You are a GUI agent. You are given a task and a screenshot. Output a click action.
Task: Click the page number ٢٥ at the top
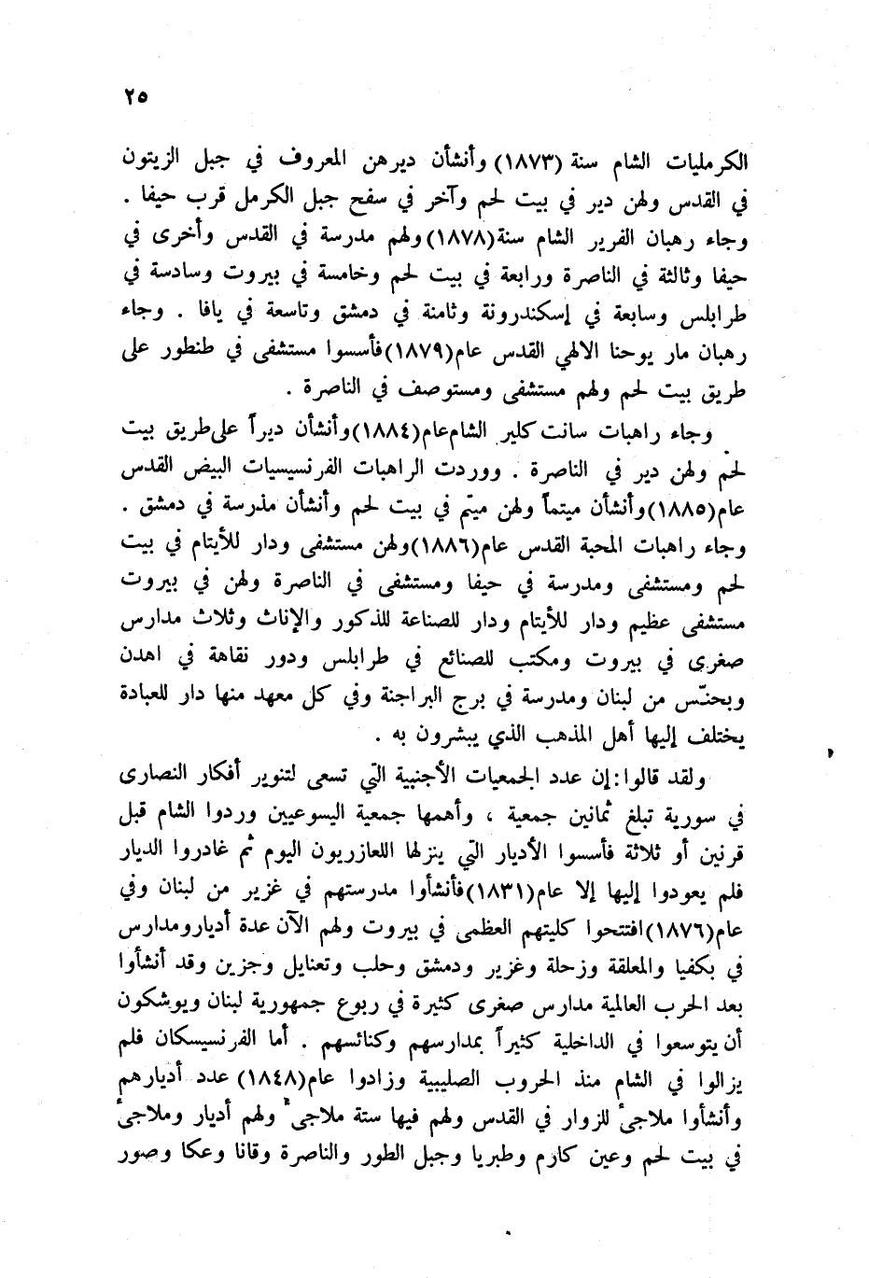pos(135,96)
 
